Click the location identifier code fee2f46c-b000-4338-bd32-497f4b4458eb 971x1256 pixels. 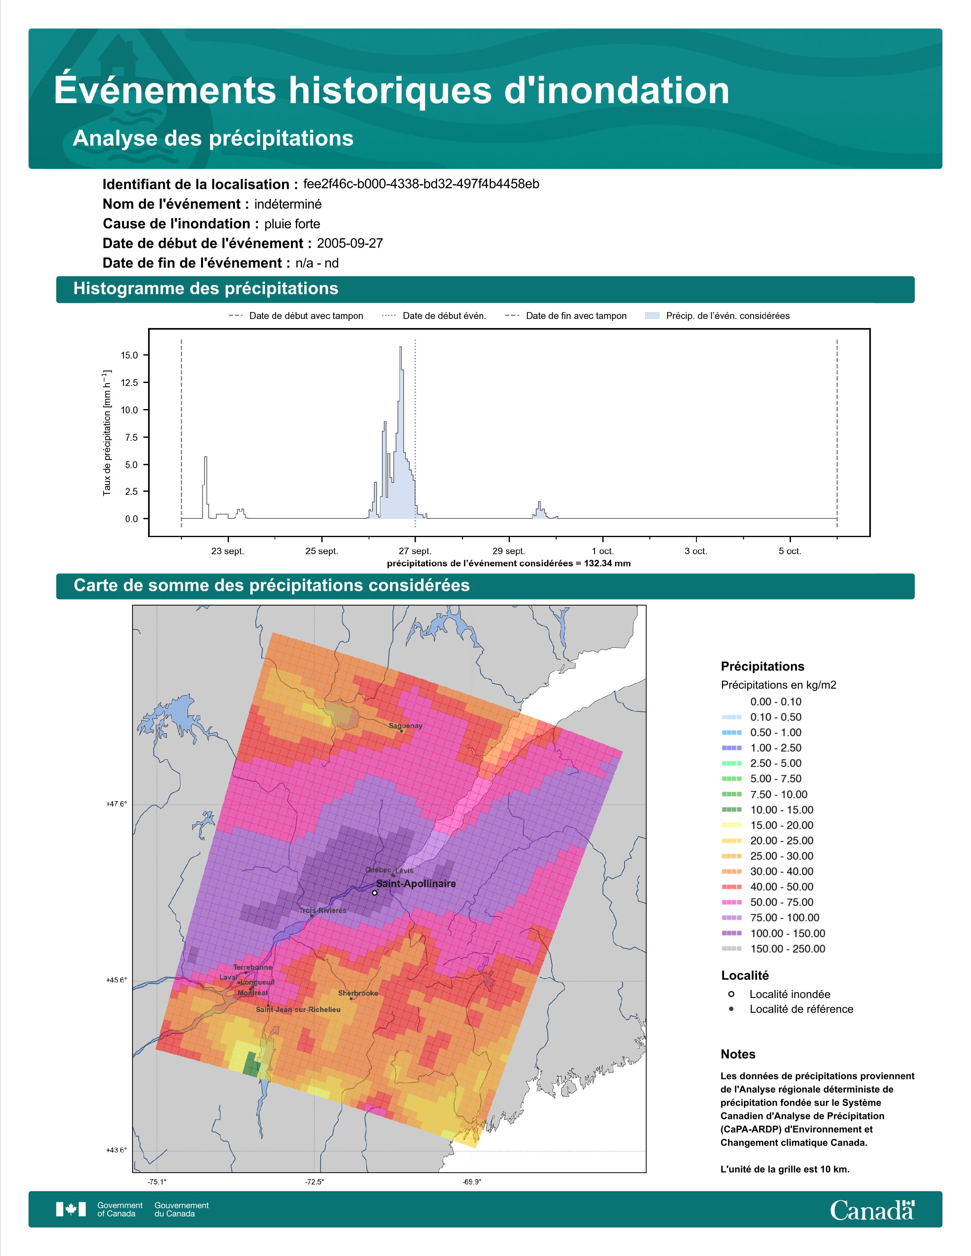coord(421,184)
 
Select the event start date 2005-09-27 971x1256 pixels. coord(350,243)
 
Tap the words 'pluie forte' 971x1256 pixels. coord(292,224)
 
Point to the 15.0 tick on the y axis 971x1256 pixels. coord(129,355)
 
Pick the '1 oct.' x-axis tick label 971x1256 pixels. coord(602,551)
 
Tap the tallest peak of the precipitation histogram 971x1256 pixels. coord(400,347)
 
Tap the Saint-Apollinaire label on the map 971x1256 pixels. coord(415,883)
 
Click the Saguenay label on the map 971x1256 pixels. coord(406,726)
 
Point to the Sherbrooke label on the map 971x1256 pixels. coord(358,993)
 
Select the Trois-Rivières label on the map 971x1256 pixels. coord(323,910)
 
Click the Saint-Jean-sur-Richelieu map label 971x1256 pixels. coord(298,1009)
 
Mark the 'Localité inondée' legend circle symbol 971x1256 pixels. coord(731,994)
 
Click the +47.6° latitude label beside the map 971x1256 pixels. coord(117,804)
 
